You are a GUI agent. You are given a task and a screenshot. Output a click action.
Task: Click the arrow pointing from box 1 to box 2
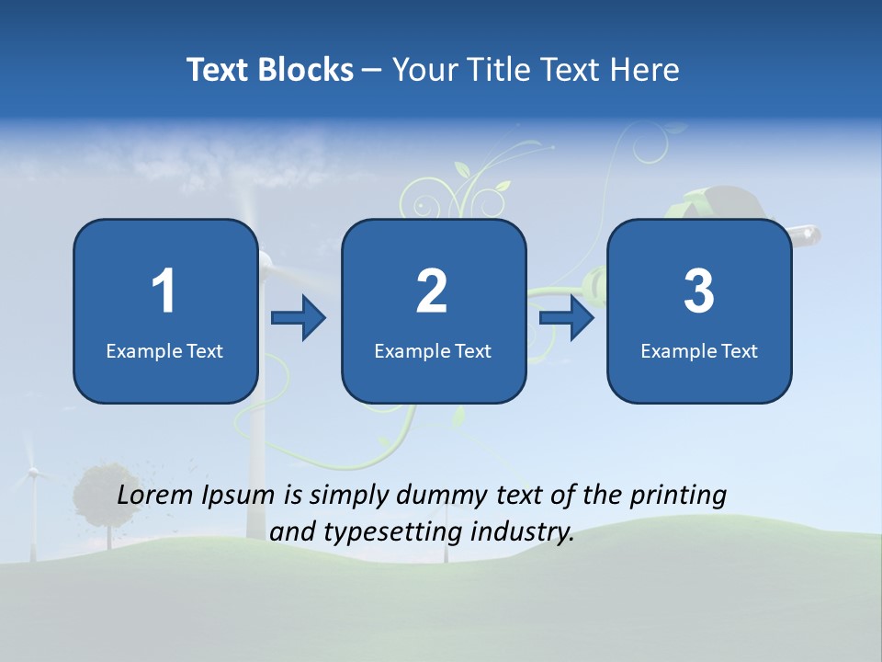pyautogui.click(x=299, y=318)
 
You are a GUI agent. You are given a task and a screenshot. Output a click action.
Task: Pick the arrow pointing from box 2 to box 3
pyautogui.click(x=567, y=318)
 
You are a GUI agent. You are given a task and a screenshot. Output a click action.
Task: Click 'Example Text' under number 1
pyautogui.click(x=164, y=350)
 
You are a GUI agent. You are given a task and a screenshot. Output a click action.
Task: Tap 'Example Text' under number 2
pyautogui.click(x=433, y=350)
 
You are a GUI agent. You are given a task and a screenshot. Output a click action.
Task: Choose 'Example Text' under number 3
pyautogui.click(x=699, y=350)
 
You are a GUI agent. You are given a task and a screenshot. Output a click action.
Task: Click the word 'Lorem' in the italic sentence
pyautogui.click(x=156, y=496)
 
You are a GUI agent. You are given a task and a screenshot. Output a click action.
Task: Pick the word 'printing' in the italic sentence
pyautogui.click(x=678, y=496)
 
